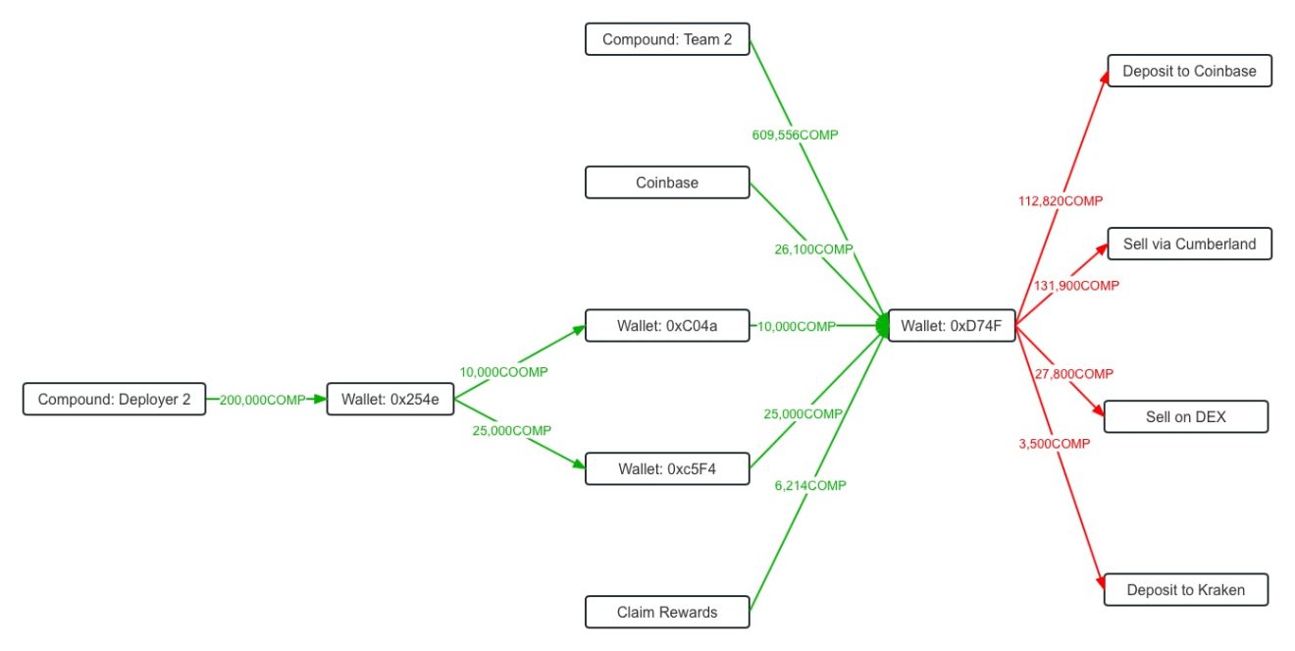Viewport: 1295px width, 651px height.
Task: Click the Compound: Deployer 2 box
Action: click(x=114, y=400)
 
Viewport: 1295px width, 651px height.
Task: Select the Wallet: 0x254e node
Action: click(x=390, y=400)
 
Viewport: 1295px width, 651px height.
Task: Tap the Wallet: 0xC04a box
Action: click(x=667, y=326)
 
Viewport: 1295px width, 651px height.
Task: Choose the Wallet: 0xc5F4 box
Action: click(x=667, y=468)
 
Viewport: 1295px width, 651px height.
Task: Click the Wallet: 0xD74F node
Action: click(x=951, y=326)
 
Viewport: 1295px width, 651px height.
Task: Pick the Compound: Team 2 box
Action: click(x=667, y=39)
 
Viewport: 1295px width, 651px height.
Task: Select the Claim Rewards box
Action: click(x=667, y=612)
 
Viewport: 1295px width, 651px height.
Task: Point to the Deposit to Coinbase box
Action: click(x=1189, y=71)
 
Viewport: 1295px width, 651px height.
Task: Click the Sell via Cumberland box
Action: click(x=1189, y=244)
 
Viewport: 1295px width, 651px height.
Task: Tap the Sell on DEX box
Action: click(x=1185, y=416)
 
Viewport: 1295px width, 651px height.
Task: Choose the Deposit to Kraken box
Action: click(x=1185, y=589)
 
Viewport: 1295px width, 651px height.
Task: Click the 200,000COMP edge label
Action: click(x=262, y=400)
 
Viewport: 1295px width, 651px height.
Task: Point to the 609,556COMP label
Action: click(x=789, y=135)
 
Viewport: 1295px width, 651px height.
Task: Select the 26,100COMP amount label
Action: click(x=813, y=249)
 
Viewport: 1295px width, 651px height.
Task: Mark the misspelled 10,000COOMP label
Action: click(x=503, y=372)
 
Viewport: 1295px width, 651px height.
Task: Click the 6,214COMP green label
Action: click(x=810, y=485)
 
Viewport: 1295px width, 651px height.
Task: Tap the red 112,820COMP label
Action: click(x=1061, y=200)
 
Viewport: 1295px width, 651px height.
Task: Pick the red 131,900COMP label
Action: click(x=1076, y=286)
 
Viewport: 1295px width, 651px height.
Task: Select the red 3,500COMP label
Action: click(x=1055, y=444)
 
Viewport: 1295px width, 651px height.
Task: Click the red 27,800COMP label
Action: click(x=1073, y=374)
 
